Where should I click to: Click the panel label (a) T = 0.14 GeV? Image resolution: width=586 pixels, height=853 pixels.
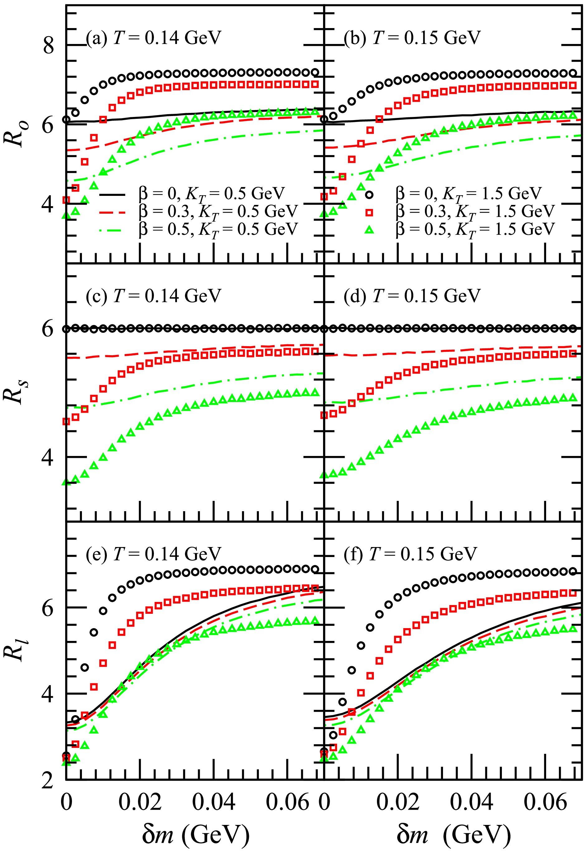click(x=154, y=37)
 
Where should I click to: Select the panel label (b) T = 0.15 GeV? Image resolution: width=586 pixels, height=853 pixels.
click(x=412, y=37)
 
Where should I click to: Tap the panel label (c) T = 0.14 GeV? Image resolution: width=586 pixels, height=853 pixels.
click(x=154, y=295)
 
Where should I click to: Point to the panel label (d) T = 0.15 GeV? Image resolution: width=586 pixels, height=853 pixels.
click(x=412, y=295)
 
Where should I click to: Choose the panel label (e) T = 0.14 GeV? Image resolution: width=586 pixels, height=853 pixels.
click(x=154, y=554)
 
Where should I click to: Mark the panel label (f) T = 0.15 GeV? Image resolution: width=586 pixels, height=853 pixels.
click(x=410, y=554)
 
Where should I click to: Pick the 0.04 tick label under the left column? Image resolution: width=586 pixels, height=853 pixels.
click(x=214, y=802)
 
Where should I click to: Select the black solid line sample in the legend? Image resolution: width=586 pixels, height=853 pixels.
click(x=112, y=194)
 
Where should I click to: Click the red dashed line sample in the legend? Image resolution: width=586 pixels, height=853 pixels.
click(x=112, y=212)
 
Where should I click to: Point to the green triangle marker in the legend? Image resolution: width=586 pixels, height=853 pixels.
click(x=369, y=230)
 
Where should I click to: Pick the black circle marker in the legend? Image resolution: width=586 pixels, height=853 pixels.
click(x=369, y=194)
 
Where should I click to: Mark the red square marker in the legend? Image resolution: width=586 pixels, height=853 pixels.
click(x=369, y=212)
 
